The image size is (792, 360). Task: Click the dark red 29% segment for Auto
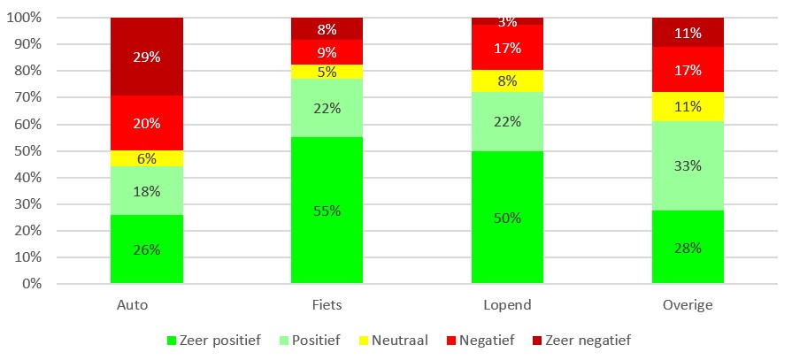147,57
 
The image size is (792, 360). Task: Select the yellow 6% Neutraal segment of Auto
147,158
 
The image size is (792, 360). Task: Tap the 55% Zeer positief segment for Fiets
327,210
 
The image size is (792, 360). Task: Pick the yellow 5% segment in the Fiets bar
327,72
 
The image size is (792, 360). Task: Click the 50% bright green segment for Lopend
507,217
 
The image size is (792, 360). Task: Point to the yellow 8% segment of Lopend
507,80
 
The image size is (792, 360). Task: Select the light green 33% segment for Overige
688,165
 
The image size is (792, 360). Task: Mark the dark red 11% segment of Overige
688,33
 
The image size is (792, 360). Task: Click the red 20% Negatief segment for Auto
147,123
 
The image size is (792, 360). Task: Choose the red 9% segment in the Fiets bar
327,52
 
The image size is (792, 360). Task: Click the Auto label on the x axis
133,305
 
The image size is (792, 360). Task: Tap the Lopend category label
507,306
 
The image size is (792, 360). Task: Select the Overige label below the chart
688,306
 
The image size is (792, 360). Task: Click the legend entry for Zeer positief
213,341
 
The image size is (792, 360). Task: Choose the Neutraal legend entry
394,341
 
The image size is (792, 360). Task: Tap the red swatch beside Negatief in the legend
451,341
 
